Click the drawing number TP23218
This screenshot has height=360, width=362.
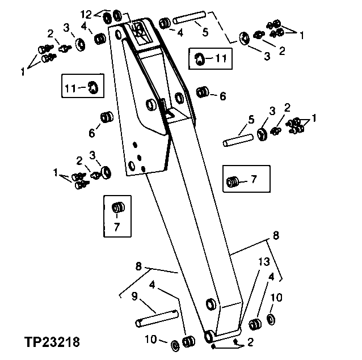click(x=52, y=342)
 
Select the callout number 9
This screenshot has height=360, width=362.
click(x=134, y=296)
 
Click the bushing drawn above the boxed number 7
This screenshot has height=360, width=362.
click(x=118, y=208)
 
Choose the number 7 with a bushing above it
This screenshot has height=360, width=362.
click(x=117, y=227)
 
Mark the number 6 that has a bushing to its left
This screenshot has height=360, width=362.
click(x=222, y=97)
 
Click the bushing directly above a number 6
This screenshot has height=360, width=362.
click(x=105, y=118)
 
